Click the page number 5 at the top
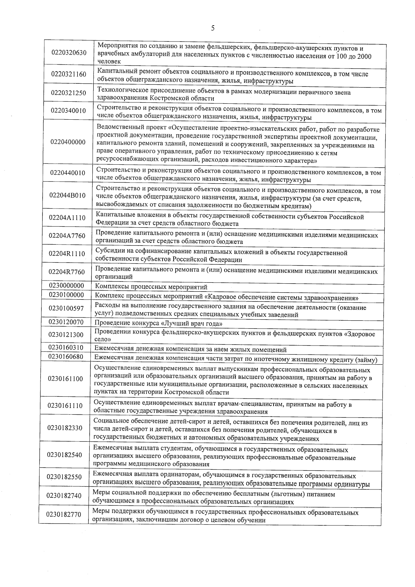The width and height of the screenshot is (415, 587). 213,28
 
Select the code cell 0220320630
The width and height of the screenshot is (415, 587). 69,53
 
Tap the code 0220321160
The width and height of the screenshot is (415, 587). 68,74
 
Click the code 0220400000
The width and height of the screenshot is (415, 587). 68,142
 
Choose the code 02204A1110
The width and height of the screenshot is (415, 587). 67,218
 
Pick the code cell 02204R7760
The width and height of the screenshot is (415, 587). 67,272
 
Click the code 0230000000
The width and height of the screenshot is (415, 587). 66,285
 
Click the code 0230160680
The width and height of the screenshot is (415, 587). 66,357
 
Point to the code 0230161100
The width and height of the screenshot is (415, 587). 66,379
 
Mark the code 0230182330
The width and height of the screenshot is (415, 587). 65,428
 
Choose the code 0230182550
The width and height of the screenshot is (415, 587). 64,477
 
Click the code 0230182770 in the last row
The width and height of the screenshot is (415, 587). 64,514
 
